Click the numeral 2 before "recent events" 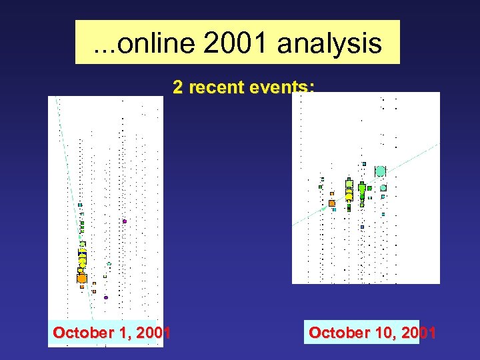[x=178, y=87]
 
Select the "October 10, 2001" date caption [x=372, y=332]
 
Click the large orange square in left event [x=82, y=278]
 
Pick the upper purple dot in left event [x=124, y=221]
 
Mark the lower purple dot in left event [x=105, y=297]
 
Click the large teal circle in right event [x=380, y=171]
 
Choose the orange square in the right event [x=331, y=203]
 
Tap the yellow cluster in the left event [x=82, y=257]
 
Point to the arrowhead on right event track [x=325, y=209]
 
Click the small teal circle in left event [x=109, y=264]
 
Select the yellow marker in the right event [x=349, y=194]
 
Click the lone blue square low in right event [x=362, y=227]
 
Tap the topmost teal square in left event [x=80, y=205]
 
